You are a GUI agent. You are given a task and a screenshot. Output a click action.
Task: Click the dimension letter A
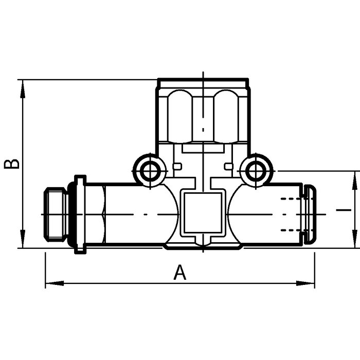pyautogui.click(x=180, y=272)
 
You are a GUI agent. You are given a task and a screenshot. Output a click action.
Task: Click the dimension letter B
pyautogui.click(x=12, y=164)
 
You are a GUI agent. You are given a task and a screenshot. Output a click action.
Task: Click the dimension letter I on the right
pyautogui.click(x=344, y=210)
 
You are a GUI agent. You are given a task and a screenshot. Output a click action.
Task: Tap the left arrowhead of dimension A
pyautogui.click(x=55, y=283)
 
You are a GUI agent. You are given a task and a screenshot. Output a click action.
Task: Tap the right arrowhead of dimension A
pyautogui.click(x=305, y=283)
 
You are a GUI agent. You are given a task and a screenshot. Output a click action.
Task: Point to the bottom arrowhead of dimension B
pyautogui.click(x=23, y=239)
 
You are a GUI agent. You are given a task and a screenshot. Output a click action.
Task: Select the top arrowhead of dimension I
pyautogui.click(x=355, y=181)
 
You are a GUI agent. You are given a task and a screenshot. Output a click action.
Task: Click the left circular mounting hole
pyautogui.click(x=150, y=171)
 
